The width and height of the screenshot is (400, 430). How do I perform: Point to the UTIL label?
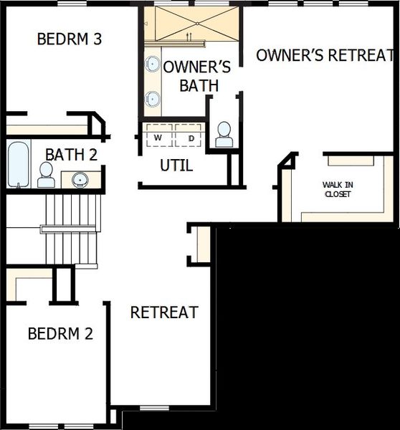pyautogui.click(x=176, y=166)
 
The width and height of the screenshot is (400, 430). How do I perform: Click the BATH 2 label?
pyautogui.click(x=71, y=154)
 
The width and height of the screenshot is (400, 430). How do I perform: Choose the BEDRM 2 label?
pyautogui.click(x=60, y=333)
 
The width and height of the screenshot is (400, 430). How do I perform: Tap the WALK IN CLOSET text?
pyautogui.click(x=338, y=189)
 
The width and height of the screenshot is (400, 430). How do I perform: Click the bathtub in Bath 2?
pyautogui.click(x=19, y=164)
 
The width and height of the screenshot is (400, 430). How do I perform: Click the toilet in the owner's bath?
pyautogui.click(x=224, y=134)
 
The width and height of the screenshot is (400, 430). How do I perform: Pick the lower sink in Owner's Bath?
pyautogui.click(x=153, y=99)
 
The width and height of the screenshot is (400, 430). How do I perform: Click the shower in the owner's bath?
pyautogui.click(x=190, y=23)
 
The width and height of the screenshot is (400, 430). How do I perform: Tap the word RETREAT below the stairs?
pyautogui.click(x=164, y=312)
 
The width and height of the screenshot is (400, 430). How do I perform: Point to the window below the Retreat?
pyautogui.click(x=153, y=408)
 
